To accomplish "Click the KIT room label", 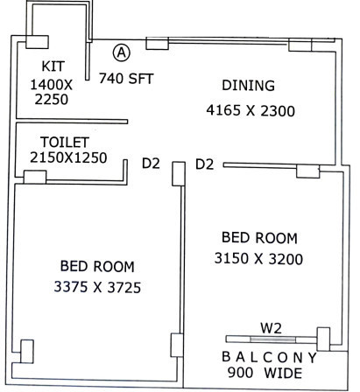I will point(54,67).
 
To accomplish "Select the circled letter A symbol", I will point(121,53).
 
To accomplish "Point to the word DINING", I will point(248,86).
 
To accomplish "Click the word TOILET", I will point(64,142).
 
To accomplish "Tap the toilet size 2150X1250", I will point(67,158).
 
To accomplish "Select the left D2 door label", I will point(152,163).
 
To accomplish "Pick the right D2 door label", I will point(205,164).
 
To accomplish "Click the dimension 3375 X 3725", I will point(98,286).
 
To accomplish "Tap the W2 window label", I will point(271,327).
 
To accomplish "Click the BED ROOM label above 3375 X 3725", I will point(97,266).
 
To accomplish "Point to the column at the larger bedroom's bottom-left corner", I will point(27,351).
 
